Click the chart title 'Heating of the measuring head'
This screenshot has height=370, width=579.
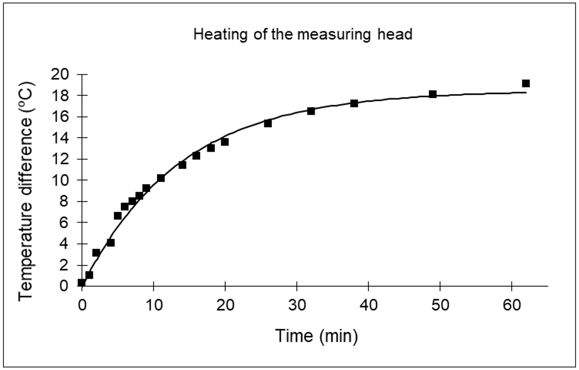pyautogui.click(x=303, y=34)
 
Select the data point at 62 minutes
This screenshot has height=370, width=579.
pyautogui.click(x=526, y=83)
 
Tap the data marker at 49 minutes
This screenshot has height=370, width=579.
pyautogui.click(x=433, y=94)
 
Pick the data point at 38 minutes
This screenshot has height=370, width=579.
pyautogui.click(x=354, y=103)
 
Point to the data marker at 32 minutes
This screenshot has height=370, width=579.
pyautogui.click(x=311, y=111)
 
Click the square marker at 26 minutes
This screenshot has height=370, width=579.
pyautogui.click(x=268, y=123)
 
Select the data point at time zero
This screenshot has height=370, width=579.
pyautogui.click(x=82, y=282)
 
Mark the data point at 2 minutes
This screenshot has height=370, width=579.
pyautogui.click(x=96, y=253)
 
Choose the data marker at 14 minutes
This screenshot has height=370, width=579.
pyautogui.click(x=182, y=164)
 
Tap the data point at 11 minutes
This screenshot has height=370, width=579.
pyautogui.click(x=161, y=178)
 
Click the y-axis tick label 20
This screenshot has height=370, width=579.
pyautogui.click(x=60, y=74)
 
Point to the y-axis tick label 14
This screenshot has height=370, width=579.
pyautogui.click(x=60, y=138)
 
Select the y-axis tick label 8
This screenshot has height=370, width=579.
pyautogui.click(x=64, y=201)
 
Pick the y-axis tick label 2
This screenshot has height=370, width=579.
pyautogui.click(x=64, y=265)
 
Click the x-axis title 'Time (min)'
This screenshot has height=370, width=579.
pyautogui.click(x=316, y=336)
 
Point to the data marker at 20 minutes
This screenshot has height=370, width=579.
pyautogui.click(x=225, y=142)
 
